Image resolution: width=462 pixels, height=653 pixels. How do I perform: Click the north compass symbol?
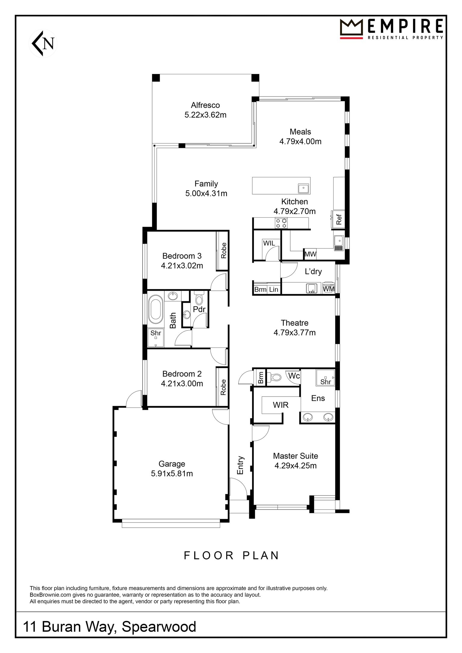click(43, 44)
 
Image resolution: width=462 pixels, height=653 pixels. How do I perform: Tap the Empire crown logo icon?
click(352, 29)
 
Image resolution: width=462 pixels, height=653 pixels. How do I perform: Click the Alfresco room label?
click(205, 105)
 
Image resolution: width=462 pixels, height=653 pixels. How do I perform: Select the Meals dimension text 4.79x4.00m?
click(300, 141)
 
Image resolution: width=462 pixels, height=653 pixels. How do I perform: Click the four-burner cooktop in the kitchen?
click(281, 223)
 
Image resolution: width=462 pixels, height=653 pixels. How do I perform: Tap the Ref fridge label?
click(339, 219)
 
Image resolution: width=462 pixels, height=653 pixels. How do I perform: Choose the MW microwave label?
click(310, 254)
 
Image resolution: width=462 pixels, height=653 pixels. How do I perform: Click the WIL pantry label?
click(269, 243)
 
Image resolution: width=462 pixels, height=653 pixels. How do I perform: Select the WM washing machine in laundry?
click(328, 289)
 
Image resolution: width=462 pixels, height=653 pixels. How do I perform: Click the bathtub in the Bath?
click(156, 309)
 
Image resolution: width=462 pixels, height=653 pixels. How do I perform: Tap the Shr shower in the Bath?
click(156, 338)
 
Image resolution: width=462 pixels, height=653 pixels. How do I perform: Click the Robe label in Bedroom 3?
click(223, 250)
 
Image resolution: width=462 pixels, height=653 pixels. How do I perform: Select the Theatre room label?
click(294, 323)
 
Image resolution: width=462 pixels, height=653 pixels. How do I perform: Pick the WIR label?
click(281, 405)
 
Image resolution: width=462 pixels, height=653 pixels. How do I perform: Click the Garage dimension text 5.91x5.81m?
click(172, 474)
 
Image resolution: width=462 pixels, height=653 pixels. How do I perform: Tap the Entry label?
click(240, 465)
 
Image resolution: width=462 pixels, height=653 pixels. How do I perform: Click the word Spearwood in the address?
click(159, 627)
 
